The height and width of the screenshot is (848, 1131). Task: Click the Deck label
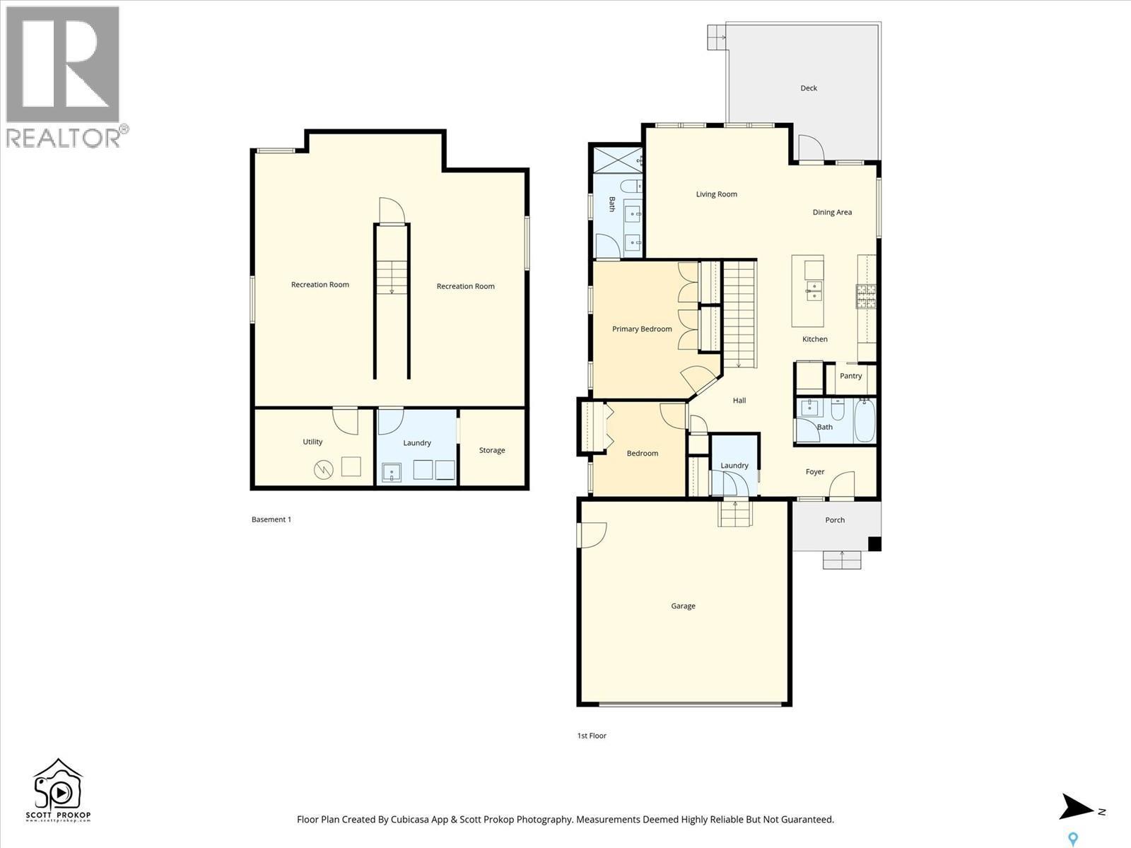point(809,88)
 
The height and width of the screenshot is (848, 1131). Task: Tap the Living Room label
point(716,194)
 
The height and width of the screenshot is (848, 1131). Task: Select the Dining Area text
point(832,212)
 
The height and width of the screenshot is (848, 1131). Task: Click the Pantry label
point(850,376)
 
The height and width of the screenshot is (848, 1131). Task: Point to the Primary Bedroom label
point(642,329)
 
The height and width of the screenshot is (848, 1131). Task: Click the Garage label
point(683,606)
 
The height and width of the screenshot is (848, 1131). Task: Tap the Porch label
point(835,520)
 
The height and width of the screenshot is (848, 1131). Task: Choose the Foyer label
point(815,472)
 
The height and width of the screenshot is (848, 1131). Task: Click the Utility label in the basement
point(312,442)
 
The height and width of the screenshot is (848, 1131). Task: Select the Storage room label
point(492,450)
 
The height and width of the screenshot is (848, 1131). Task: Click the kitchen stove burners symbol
point(866,297)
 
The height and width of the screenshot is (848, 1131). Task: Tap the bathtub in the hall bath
point(865,421)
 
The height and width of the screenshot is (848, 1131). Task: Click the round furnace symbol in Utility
point(324,469)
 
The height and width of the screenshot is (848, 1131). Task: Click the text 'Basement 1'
point(271,519)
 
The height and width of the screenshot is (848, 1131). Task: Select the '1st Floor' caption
point(592,736)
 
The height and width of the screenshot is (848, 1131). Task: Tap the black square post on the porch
point(874,543)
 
